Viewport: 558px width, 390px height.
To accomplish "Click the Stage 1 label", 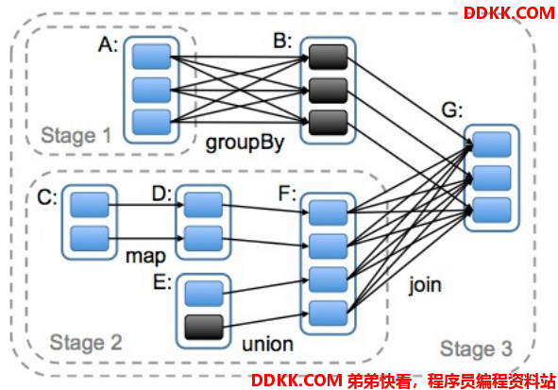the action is click(x=76, y=136).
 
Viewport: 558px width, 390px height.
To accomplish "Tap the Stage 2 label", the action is click(x=86, y=343).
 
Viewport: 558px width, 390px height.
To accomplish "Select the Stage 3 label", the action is click(x=476, y=348).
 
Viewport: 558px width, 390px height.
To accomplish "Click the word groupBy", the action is click(x=245, y=143).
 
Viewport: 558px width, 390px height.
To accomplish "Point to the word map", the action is click(x=146, y=257).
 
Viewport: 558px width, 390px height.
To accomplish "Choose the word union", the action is click(x=267, y=344).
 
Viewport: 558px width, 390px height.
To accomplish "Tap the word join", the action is click(x=425, y=285).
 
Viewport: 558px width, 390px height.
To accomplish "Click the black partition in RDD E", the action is click(x=204, y=327).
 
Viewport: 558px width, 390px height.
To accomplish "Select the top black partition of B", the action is click(x=329, y=57).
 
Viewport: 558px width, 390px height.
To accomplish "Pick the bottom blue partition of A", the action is click(x=152, y=123).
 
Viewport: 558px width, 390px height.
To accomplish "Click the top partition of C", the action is click(x=90, y=205).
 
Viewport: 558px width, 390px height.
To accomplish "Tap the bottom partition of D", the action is click(x=204, y=238).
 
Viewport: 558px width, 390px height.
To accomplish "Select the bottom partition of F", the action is click(x=329, y=314).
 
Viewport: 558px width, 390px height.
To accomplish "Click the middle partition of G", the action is click(x=492, y=178).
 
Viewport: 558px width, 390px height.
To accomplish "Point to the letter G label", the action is click(x=452, y=110).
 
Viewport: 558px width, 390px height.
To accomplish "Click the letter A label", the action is click(x=108, y=45).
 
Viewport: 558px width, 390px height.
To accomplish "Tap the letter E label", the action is click(x=162, y=283).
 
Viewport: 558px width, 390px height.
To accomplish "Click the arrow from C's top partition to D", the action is click(x=146, y=205).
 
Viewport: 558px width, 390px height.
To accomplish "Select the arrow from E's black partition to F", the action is click(x=265, y=320).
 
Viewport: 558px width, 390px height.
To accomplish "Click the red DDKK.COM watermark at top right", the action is click(x=509, y=13).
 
